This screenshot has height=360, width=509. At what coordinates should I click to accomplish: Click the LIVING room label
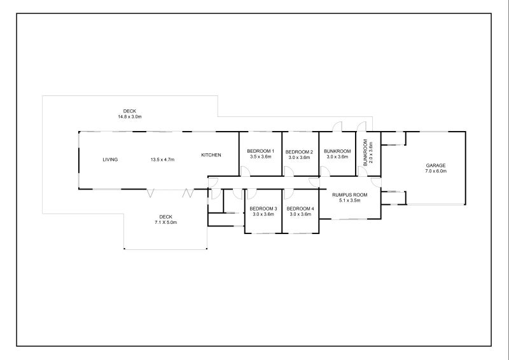point(110,160)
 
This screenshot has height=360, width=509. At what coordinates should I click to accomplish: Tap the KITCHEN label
point(211,155)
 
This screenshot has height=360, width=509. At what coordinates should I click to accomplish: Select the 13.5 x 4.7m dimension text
point(162,160)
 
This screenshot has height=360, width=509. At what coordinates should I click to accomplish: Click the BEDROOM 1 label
point(261,151)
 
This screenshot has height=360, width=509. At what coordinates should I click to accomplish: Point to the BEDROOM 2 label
point(299,152)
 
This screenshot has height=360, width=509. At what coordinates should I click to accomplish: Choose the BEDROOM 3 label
point(263,209)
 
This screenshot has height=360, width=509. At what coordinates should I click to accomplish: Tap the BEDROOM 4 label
point(300,209)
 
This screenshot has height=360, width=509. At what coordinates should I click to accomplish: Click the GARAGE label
point(436,165)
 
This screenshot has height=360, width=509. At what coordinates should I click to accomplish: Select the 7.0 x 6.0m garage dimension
point(436,171)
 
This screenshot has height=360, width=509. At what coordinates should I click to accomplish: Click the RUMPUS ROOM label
point(349,195)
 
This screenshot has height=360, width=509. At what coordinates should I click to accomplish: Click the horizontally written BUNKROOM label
point(337,151)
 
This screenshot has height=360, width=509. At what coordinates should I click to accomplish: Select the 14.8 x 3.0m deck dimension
point(130,116)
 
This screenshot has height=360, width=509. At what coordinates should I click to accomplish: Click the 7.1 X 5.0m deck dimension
point(165,223)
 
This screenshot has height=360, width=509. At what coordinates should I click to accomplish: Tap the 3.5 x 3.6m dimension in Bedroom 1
point(261,157)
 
